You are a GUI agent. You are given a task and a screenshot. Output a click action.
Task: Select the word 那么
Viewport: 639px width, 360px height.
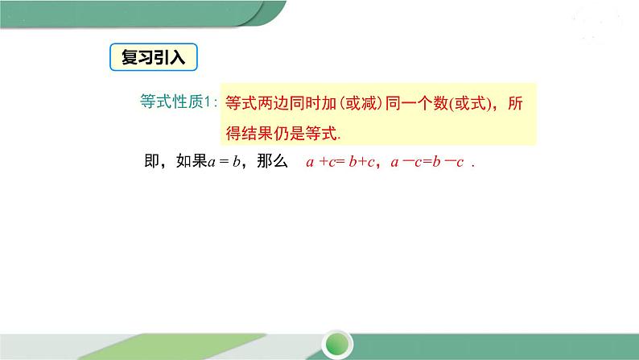point(270,162)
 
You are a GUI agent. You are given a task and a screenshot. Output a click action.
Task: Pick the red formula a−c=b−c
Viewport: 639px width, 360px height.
point(427,162)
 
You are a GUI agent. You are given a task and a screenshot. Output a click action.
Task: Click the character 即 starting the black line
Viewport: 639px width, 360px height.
point(150,162)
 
